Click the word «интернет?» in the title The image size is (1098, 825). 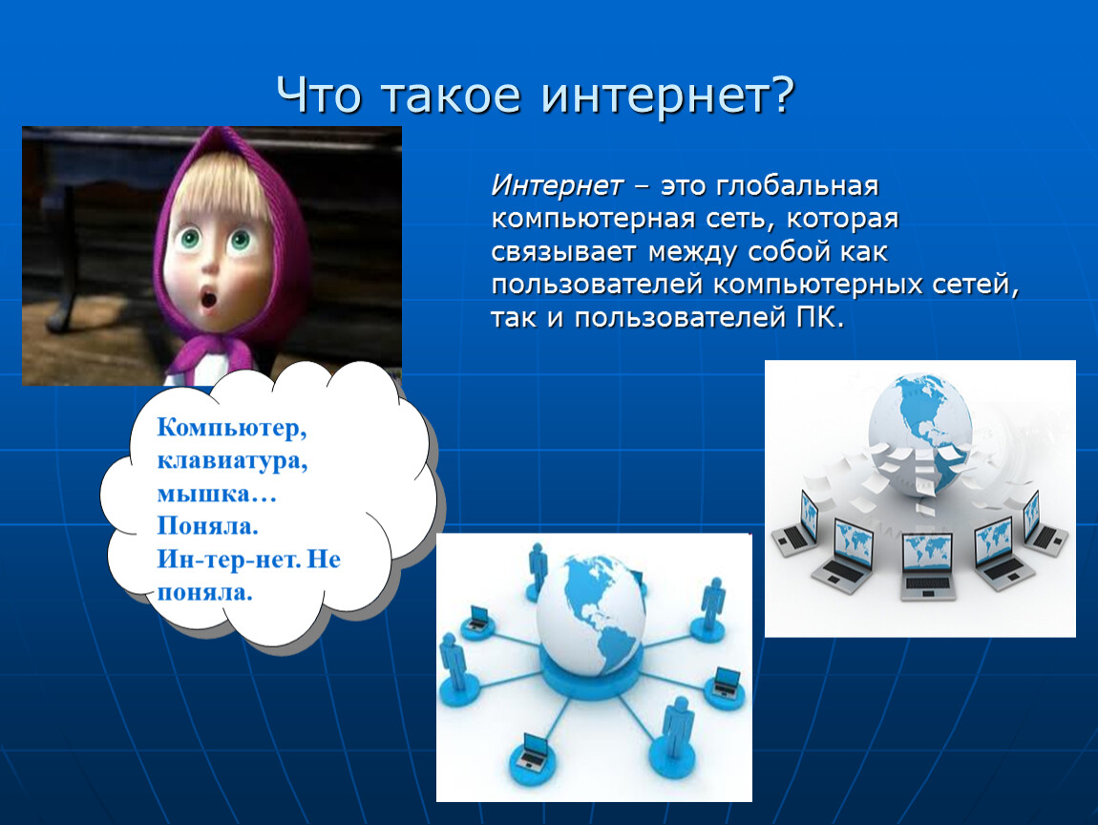668,95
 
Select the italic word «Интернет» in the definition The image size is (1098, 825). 557,185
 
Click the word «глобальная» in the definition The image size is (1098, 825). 797,186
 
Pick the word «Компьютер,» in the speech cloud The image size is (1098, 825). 232,427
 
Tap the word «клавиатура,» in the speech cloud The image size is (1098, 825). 232,461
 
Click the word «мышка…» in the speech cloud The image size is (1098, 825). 217,494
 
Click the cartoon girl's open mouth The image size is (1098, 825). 209,300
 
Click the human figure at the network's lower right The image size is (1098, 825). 676,730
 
